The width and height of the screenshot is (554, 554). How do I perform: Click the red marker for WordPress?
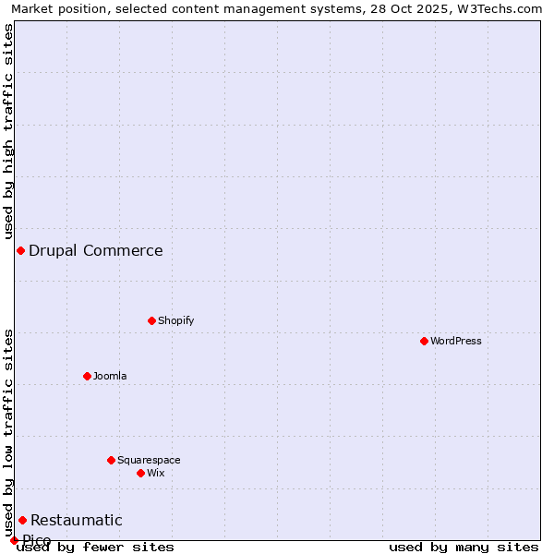coord(424,341)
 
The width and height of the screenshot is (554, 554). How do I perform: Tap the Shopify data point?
coord(151,320)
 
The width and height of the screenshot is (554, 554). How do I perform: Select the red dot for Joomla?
coord(87,376)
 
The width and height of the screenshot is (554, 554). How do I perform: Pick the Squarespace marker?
coord(111,460)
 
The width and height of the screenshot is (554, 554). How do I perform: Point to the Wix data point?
coord(140,473)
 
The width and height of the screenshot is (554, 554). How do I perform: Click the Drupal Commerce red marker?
coord(20,250)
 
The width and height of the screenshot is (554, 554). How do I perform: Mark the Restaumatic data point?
coord(22,520)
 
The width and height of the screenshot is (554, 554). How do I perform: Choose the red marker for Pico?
coord(14,540)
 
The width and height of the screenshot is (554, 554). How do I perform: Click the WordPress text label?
coord(456,341)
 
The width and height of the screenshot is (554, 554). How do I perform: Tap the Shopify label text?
coord(175,320)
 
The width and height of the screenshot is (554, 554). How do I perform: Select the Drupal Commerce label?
coord(96,250)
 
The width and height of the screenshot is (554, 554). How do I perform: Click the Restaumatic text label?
coord(77,520)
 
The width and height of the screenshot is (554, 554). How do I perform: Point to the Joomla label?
coord(110,376)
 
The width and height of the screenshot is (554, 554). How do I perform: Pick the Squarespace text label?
coord(149,460)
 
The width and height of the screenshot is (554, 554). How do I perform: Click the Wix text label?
coord(155,473)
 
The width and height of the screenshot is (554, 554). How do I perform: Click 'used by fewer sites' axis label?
coord(95,547)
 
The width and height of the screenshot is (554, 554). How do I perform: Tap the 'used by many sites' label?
coord(464,547)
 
